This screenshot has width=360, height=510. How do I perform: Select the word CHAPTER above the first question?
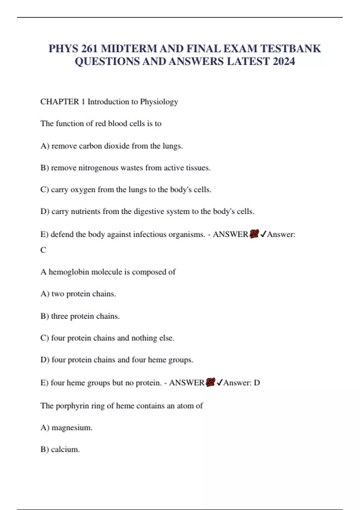60,102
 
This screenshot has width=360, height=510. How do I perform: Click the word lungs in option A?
172,146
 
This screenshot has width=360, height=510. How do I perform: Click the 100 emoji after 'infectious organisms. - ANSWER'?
254,234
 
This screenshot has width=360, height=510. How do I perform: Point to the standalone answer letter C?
43,250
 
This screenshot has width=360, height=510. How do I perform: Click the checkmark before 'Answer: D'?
219,382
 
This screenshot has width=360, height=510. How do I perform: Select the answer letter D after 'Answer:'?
257,383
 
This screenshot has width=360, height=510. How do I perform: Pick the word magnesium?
72,428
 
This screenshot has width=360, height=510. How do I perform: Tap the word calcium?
65,449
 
